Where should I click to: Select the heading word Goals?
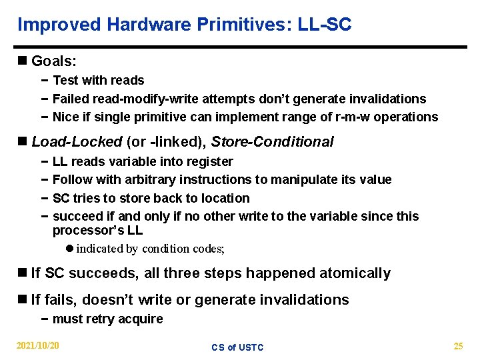click(x=54, y=61)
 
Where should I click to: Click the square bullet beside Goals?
click(x=23, y=61)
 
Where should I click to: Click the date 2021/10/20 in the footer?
click(x=38, y=346)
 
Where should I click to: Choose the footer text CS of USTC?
click(x=237, y=347)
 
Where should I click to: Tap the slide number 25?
click(x=458, y=346)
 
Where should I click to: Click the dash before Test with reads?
click(x=43, y=80)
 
